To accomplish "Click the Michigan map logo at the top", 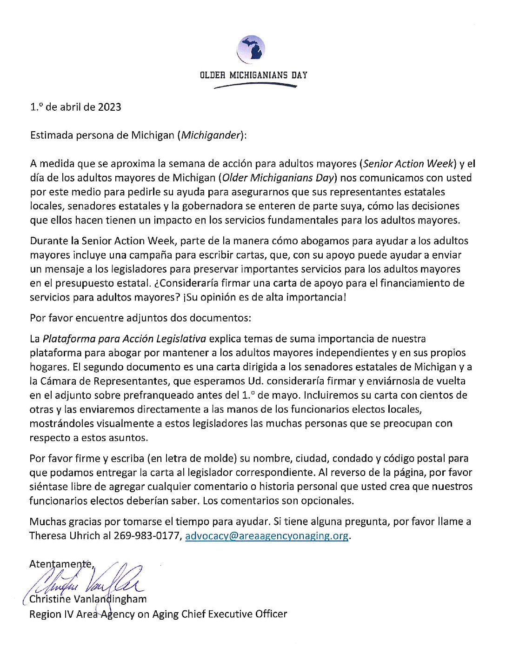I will [x=251, y=49].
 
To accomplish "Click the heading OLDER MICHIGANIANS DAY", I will [x=253, y=75].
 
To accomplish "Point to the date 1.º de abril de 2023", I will [x=76, y=107].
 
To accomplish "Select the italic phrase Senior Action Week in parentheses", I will [x=408, y=164].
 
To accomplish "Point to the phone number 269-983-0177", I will [x=146, y=536].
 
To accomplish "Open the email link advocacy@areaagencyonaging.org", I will [x=266, y=536].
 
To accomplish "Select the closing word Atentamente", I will [x=61, y=564].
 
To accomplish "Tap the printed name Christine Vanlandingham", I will [x=88, y=599].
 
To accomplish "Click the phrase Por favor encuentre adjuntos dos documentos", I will [x=140, y=318].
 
